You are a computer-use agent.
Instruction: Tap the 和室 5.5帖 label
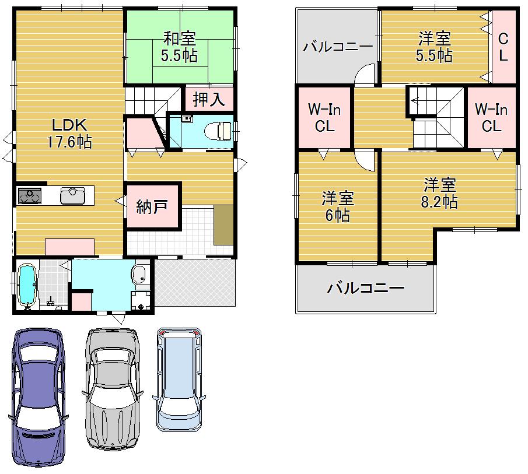[179, 47]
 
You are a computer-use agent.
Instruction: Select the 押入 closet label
[208, 99]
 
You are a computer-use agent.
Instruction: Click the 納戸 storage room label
[152, 206]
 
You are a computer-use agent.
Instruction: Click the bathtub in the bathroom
[26, 285]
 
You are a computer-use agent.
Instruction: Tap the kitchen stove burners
[30, 196]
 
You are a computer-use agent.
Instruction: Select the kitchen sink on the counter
[73, 195]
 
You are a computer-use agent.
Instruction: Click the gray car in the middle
[114, 388]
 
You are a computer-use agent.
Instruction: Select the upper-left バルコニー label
[337, 47]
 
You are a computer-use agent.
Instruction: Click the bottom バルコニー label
[365, 287]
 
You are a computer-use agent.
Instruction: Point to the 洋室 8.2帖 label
[440, 194]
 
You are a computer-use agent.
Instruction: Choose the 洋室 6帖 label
[338, 207]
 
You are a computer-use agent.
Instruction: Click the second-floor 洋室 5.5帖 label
[434, 47]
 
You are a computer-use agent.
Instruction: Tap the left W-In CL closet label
[324, 117]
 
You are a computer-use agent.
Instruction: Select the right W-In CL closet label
[491, 117]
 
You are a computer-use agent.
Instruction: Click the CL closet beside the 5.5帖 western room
[503, 47]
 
